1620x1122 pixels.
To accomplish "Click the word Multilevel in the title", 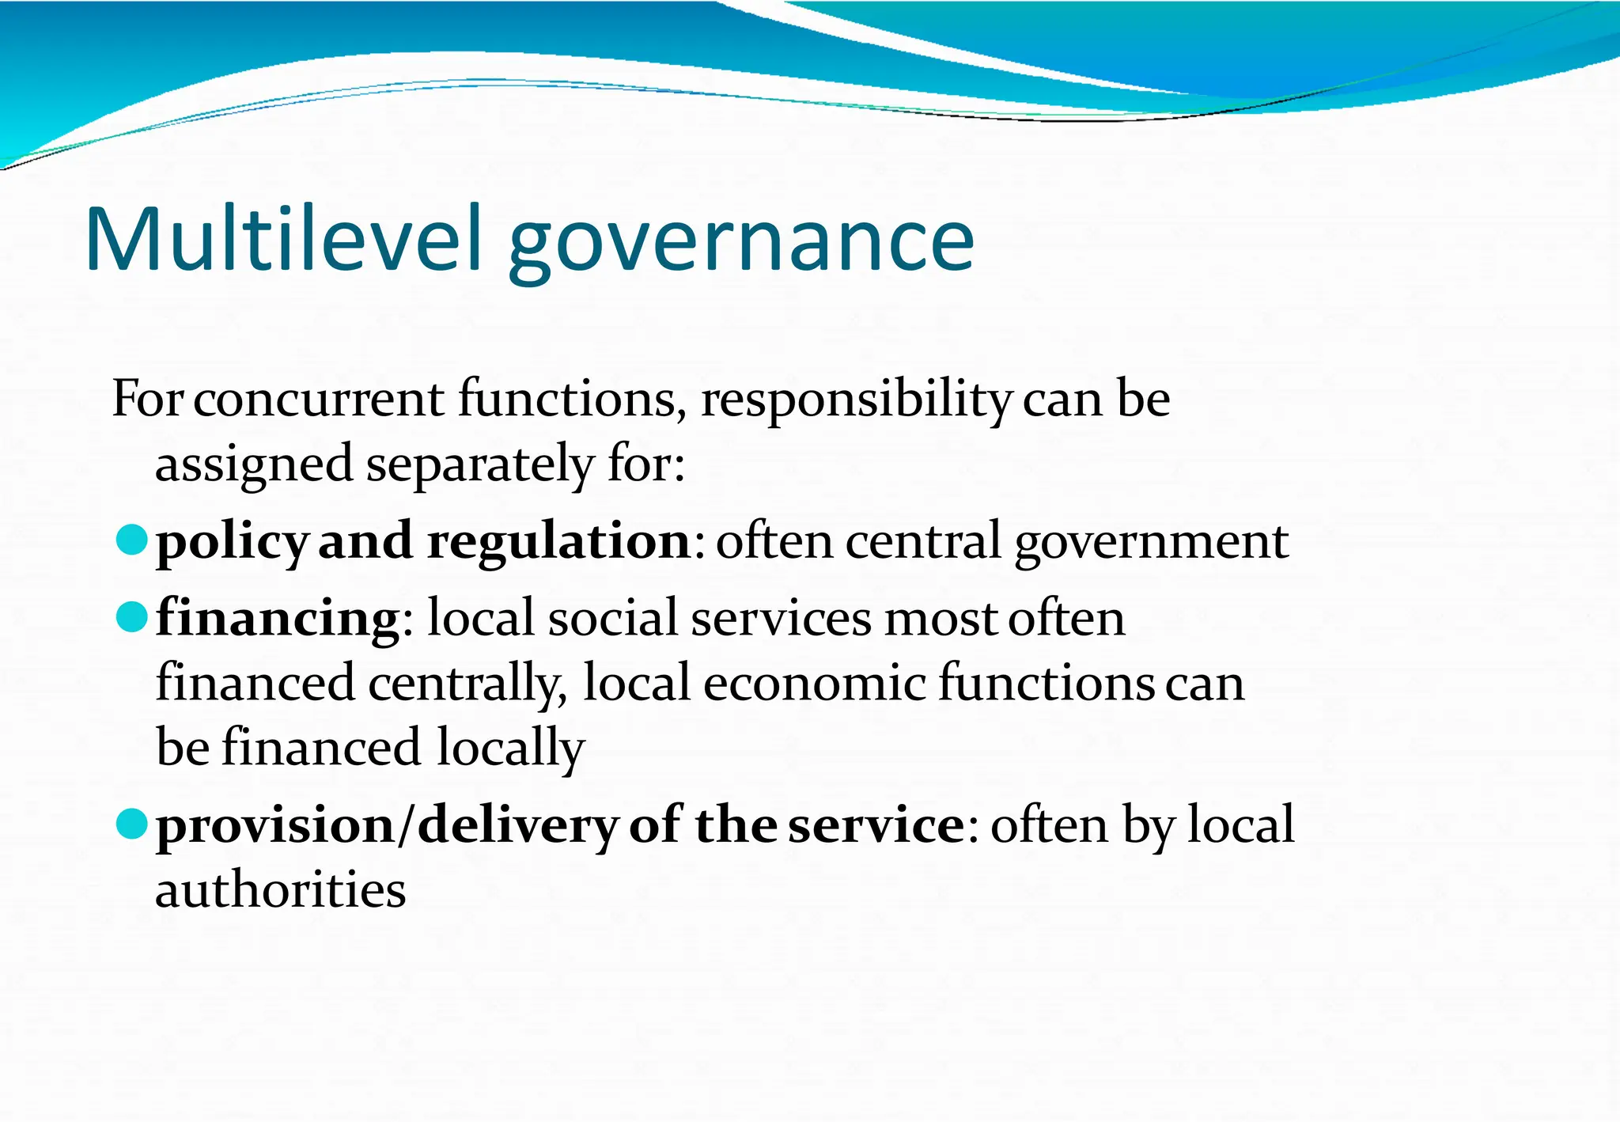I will (x=282, y=240).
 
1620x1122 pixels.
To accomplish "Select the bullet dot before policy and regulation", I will (x=131, y=540).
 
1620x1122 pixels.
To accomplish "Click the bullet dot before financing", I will (x=131, y=617).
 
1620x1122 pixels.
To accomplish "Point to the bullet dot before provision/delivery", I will (x=131, y=824).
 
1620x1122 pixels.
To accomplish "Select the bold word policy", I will (x=232, y=544).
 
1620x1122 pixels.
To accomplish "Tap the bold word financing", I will (x=278, y=619).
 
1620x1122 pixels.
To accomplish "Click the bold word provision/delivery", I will (x=387, y=826).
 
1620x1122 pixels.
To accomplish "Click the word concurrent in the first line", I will (x=319, y=399).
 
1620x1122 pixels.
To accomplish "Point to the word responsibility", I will (x=856, y=400).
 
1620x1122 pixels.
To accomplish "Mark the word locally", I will (x=510, y=749).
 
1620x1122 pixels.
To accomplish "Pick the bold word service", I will (x=876, y=826).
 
